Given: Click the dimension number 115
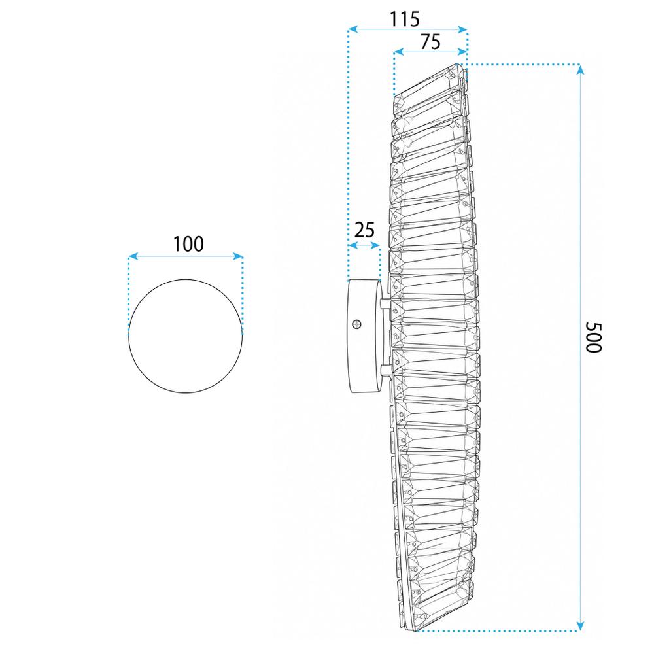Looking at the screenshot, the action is coord(404,19).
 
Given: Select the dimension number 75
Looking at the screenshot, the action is coord(430,42).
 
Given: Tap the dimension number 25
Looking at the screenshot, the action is coord(364,230).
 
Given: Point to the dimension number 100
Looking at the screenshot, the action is coord(188,245).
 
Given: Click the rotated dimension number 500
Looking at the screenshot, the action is coord(593,337).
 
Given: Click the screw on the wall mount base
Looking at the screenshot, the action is coord(356,324).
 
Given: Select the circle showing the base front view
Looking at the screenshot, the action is coord(185,336).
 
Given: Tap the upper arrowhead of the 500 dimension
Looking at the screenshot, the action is coord(579,70).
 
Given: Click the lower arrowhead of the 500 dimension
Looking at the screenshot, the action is coord(579,625).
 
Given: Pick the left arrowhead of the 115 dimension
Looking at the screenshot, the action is coord(353,29).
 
